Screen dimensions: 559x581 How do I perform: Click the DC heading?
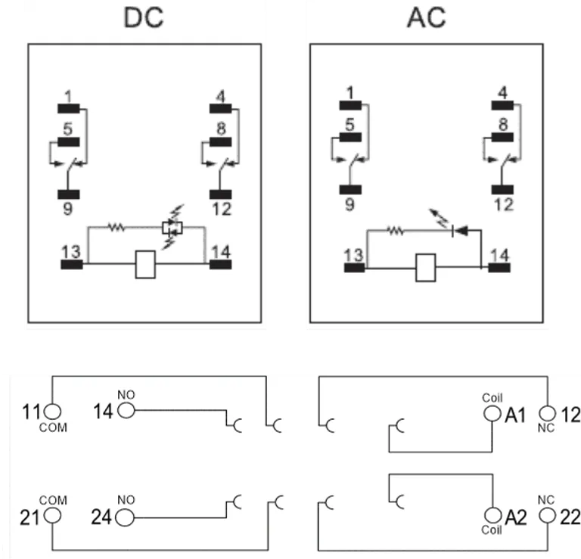[x=144, y=17]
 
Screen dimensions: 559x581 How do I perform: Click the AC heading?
[x=426, y=17]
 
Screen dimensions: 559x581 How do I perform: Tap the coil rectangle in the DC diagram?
[x=145, y=265]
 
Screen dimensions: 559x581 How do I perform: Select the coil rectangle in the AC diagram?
[x=426, y=267]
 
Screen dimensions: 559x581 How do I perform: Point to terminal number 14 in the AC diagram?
[x=499, y=254]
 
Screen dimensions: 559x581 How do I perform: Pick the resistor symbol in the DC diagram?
[x=116, y=225]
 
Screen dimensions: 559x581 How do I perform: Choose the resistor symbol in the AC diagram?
[x=396, y=231]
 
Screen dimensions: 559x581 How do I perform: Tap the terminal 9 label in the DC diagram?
[x=68, y=208]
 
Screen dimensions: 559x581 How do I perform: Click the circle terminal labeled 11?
[x=51, y=411]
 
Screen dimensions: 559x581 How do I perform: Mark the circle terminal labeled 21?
[x=51, y=517]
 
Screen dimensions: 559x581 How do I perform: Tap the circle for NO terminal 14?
[x=125, y=411]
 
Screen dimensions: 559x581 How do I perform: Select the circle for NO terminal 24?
[x=125, y=517]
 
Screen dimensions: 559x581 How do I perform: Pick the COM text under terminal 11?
[x=54, y=427]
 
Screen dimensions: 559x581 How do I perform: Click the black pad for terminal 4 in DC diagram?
[x=220, y=108]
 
